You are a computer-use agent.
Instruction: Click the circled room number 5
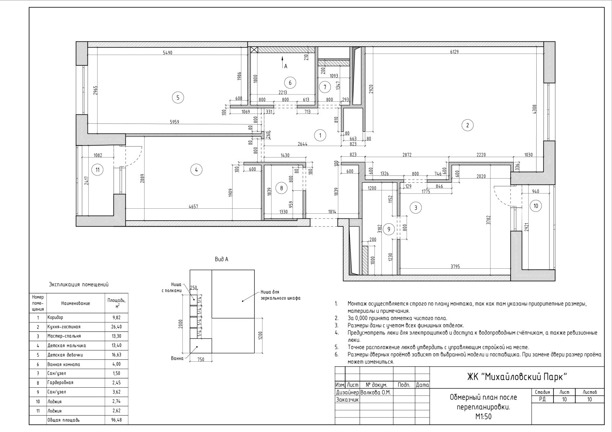178,97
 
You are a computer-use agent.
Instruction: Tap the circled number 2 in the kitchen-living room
467,125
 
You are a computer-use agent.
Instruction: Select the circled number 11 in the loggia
98,170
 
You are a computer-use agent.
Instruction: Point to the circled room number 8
282,188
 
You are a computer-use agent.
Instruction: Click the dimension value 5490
168,53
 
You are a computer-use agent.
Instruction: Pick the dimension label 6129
454,52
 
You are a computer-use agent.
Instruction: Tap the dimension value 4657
193,206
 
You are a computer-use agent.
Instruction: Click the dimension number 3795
455,266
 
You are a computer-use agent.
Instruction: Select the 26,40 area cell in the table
117,326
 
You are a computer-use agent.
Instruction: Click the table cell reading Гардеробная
60,383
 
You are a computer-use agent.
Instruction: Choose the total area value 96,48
117,420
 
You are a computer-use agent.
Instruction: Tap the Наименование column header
76,303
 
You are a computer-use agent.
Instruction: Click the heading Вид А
221,260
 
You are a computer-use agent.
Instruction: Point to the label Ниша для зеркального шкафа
281,295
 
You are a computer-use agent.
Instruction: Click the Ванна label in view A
177,358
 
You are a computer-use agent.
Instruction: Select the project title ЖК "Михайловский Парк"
517,377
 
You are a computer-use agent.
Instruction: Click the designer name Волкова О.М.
376,392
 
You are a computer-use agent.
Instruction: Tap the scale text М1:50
483,416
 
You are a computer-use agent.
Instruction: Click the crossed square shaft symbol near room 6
254,50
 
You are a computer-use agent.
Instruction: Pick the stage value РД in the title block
542,399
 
